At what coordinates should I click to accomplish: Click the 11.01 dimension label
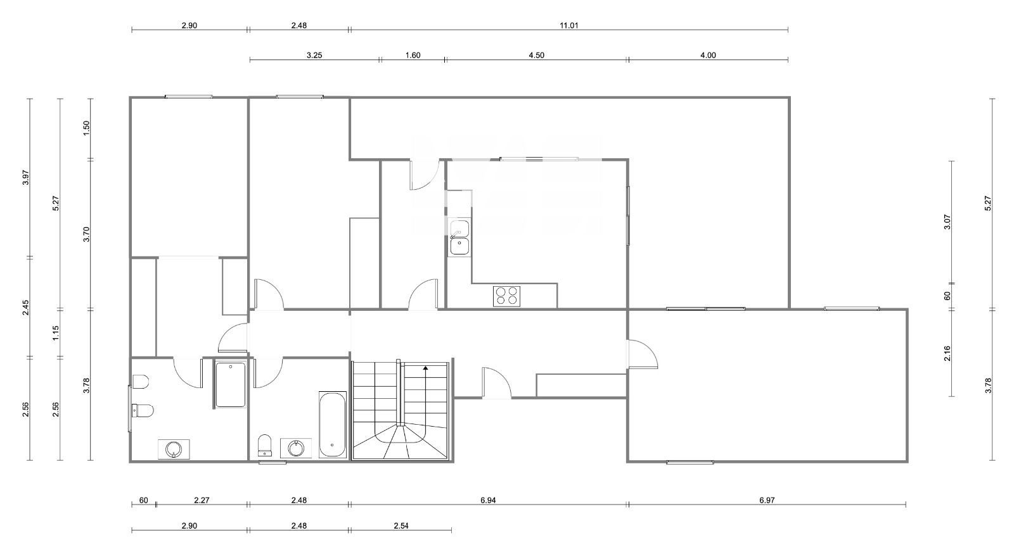[569, 25]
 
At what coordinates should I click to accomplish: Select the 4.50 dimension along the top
[536, 55]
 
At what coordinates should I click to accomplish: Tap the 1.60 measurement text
[413, 55]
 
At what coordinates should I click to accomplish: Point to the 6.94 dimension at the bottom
[488, 500]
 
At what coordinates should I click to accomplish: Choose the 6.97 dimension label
[767, 500]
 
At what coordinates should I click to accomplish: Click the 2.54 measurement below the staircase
[401, 526]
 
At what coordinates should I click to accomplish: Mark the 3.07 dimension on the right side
[947, 222]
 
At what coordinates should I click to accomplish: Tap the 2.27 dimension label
[202, 500]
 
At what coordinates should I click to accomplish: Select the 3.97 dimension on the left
[26, 177]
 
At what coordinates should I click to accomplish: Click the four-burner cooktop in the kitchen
[506, 296]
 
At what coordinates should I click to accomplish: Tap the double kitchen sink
[460, 238]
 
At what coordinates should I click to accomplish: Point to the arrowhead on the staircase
[425, 368]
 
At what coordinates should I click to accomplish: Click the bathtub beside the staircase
[333, 425]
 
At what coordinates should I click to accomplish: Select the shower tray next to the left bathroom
[231, 384]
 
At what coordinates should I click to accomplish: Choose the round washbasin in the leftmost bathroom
[174, 449]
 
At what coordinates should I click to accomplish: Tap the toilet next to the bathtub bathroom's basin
[264, 445]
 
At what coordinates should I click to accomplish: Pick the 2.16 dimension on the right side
[947, 353]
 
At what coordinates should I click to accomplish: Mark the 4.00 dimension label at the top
[708, 55]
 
